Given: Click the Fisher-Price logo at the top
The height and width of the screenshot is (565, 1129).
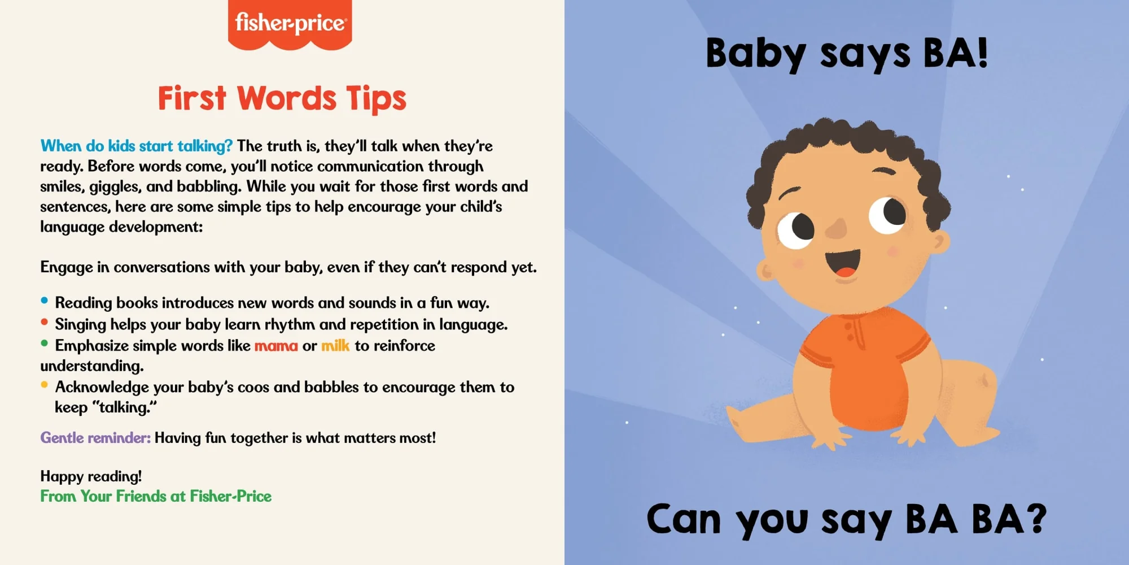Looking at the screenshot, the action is point(290,24).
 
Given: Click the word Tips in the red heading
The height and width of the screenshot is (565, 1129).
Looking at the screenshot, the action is point(376,99).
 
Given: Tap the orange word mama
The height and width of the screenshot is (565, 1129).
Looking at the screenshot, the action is point(276,345).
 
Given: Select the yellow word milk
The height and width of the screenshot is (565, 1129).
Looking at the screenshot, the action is point(335,345).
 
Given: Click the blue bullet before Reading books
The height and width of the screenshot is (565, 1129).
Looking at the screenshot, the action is point(45,301).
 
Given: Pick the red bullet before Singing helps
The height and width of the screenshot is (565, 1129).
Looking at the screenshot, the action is point(45,322).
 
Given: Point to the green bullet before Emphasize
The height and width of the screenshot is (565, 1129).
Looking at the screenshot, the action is point(45,343).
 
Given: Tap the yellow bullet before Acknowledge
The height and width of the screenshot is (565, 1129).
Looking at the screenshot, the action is point(45,385).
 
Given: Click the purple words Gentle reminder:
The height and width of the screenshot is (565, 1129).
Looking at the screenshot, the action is point(95,438).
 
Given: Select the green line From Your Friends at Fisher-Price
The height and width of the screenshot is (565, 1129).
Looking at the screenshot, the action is point(156,496).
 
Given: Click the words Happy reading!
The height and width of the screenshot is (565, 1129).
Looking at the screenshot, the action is point(91,477).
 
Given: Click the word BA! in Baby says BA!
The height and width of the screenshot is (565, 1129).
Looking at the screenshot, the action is point(955,53).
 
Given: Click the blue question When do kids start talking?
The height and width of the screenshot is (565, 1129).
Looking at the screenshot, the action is point(136,146).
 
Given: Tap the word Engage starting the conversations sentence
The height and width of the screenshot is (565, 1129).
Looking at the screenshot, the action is point(67,267).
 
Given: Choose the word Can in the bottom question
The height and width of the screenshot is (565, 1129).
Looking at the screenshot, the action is point(684,519).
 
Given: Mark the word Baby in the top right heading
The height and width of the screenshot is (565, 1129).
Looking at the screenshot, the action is point(756,54).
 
